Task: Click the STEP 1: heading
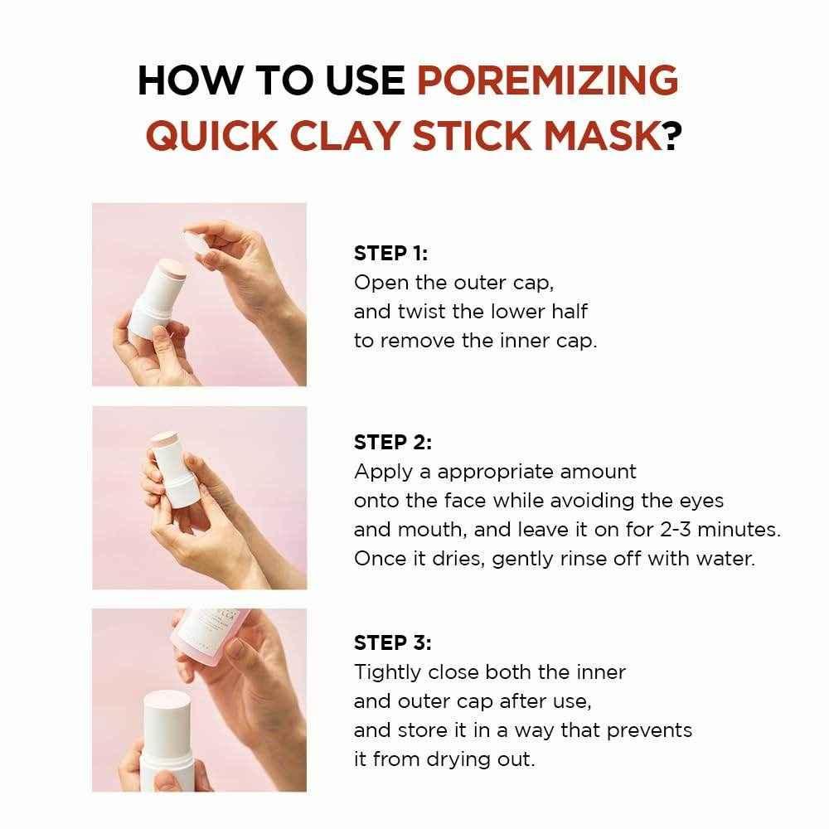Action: click(390, 254)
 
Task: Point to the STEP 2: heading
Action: click(393, 443)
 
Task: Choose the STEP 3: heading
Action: click(393, 642)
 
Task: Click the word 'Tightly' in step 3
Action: click(386, 671)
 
